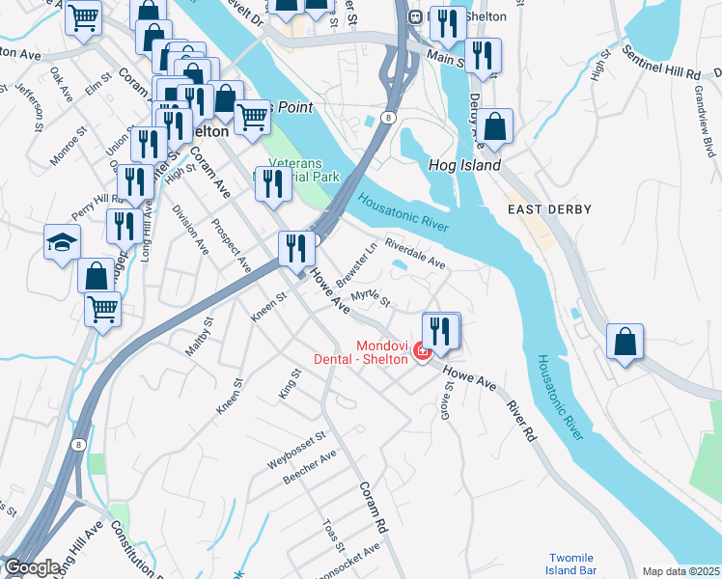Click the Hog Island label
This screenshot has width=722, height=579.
(x=464, y=165)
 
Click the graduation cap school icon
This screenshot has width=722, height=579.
(x=62, y=242)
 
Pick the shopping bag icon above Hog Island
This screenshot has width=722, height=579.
(x=495, y=126)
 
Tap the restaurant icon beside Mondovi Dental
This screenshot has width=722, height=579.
(x=441, y=331)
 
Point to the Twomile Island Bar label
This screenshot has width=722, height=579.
(x=575, y=565)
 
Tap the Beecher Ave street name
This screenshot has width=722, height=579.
(x=309, y=466)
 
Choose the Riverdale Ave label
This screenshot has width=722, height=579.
(x=415, y=253)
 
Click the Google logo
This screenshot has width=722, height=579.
(x=32, y=567)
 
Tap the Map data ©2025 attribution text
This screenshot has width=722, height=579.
(x=680, y=571)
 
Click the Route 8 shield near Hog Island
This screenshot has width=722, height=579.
(x=387, y=117)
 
